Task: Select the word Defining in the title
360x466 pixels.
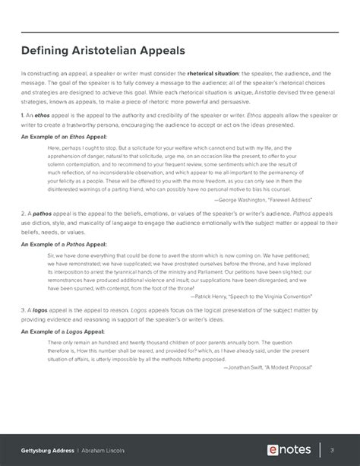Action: coord(47,50)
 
